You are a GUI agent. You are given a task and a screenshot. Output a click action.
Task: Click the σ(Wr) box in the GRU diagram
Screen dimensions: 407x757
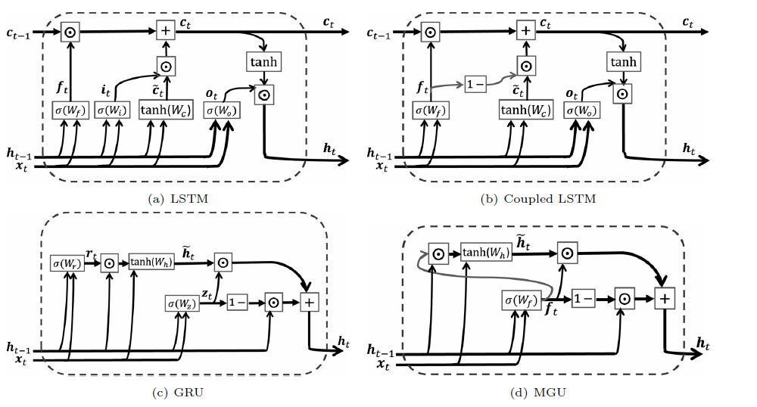[x=67, y=263]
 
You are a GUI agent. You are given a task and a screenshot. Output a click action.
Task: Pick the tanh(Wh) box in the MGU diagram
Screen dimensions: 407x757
[x=486, y=253]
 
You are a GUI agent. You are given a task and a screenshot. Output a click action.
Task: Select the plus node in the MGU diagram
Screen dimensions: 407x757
[x=664, y=298]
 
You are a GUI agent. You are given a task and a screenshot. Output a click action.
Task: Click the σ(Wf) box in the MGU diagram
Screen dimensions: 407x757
[x=520, y=300]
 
